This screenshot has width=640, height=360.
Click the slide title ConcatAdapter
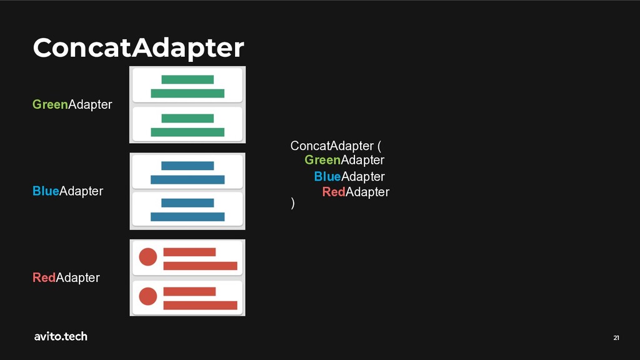pyautogui.click(x=138, y=47)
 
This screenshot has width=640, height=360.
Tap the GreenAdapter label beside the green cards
pyautogui.click(x=72, y=104)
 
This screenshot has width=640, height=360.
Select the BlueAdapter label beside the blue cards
pyautogui.click(x=67, y=191)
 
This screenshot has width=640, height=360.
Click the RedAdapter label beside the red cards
pyautogui.click(x=66, y=277)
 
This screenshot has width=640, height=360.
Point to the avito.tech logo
pyautogui.click(x=61, y=336)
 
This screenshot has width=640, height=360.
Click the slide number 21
pyautogui.click(x=616, y=338)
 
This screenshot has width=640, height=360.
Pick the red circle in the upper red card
pyautogui.click(x=147, y=257)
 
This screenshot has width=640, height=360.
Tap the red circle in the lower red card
pyautogui.click(x=147, y=296)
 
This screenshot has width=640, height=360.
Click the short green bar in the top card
pyautogui.click(x=187, y=79)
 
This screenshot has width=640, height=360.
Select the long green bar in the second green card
pyautogui.click(x=187, y=132)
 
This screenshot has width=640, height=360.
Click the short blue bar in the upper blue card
pyautogui.click(x=187, y=166)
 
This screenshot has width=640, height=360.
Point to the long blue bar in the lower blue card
pyautogui.click(x=187, y=217)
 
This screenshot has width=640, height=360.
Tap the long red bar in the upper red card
pyautogui.click(x=200, y=266)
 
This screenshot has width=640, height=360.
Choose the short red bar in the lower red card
pyautogui.click(x=189, y=291)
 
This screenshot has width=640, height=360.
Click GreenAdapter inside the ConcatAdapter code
pyautogui.click(x=344, y=160)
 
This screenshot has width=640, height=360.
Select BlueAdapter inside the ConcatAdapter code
pyautogui.click(x=349, y=176)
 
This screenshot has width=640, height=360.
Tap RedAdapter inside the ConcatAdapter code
pyautogui.click(x=356, y=192)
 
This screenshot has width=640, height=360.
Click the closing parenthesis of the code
pyautogui.click(x=292, y=204)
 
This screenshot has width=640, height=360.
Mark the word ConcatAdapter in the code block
pyautogui.click(x=331, y=146)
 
